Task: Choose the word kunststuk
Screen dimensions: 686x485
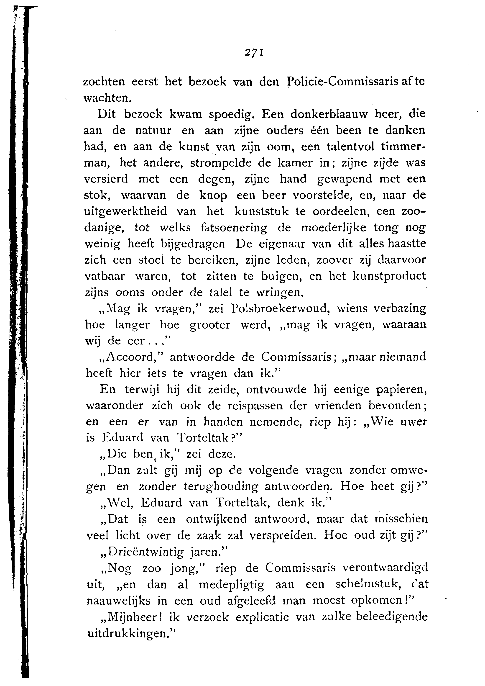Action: coord(261,211)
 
